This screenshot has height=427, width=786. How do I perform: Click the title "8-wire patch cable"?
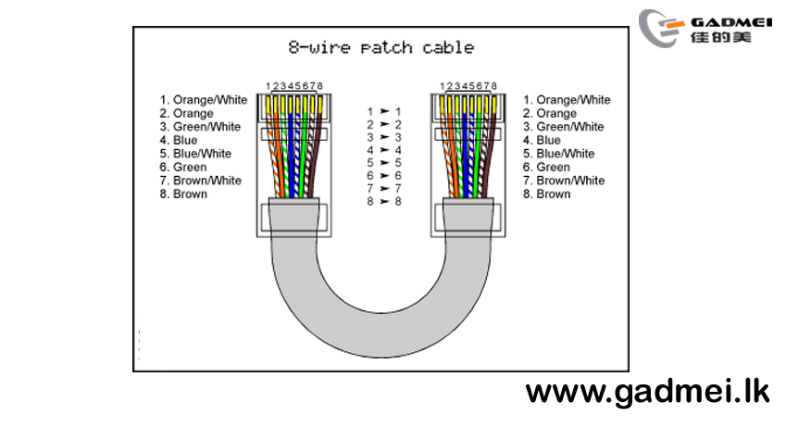coord(381,47)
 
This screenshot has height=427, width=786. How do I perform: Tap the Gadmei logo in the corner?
coord(705,28)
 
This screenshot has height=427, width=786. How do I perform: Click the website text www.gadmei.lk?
coord(647,393)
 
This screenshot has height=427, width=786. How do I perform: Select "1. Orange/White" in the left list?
coord(204,100)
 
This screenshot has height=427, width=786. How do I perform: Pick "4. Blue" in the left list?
coord(179,140)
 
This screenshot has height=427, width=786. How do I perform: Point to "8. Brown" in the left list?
coord(183,194)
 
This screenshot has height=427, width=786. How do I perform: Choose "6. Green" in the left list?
coord(183,167)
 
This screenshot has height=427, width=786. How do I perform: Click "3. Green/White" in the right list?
coord(564,127)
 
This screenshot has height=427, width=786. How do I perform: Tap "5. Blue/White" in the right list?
coord(559,154)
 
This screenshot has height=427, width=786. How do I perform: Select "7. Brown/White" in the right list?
coord(564,180)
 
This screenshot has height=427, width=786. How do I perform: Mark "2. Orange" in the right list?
coord(550,113)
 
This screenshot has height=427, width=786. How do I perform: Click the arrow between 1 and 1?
coord(384,111)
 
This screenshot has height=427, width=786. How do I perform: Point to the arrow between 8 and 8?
coord(384,201)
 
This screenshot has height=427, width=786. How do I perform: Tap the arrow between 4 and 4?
coord(384,150)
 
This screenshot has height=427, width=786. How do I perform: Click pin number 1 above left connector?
coord(268,86)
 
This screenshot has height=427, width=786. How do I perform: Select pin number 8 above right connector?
coord(493,86)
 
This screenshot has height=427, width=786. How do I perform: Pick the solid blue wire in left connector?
coord(292,151)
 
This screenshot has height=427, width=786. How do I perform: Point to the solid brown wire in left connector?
coord(316,151)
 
